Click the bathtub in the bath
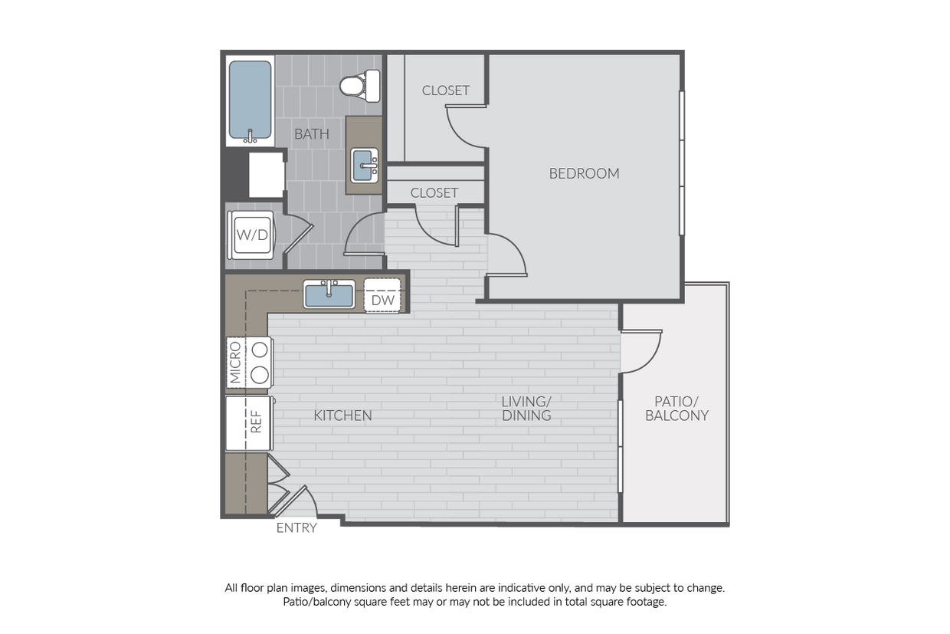coord(251,101)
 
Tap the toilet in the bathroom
coord(360,86)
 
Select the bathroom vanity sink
coord(365,165)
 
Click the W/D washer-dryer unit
coord(251,235)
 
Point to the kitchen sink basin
coord(329,294)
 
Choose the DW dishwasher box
coord(382,296)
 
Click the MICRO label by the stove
coord(235,363)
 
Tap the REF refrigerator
coord(249,423)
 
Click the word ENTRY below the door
coord(296,528)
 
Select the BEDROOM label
coord(584,173)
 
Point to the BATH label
coord(312,134)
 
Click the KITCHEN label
coord(342,416)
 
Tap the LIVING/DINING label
coord(526,409)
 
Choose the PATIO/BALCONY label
coord(677,409)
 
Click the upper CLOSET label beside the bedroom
coord(446,90)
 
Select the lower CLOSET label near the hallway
coord(434,193)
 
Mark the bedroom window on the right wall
coord(682,163)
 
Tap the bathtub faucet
coord(250,136)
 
